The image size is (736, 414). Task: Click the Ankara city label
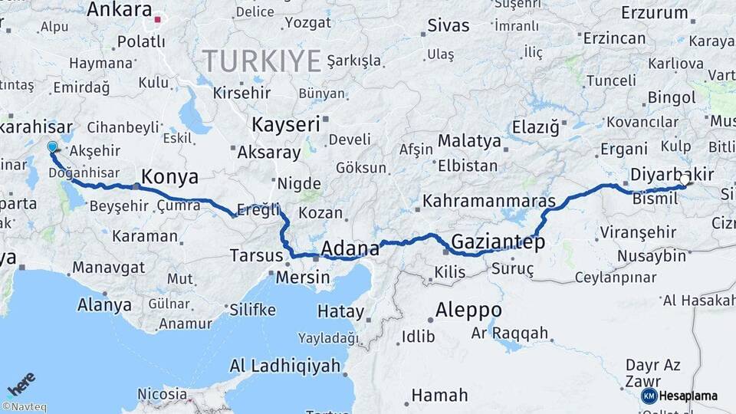tap(119, 10)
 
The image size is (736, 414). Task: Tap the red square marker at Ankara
tap(158, 21)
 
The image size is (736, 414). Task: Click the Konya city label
tap(169, 177)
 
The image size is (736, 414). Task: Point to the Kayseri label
tap(285, 123)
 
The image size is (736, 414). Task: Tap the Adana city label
tap(350, 248)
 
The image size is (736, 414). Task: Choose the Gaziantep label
tap(498, 242)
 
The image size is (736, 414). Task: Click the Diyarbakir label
tap(671, 175)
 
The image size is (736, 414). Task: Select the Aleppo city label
tap(468, 310)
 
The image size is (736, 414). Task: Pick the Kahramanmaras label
tap(488, 202)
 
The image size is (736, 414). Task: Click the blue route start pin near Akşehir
tap(52, 146)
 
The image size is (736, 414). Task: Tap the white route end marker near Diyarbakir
tap(685, 180)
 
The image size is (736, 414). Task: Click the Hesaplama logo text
tap(688, 396)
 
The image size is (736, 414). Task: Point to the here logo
tap(21, 383)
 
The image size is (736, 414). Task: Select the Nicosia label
tap(162, 394)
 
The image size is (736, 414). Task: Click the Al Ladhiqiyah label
tap(285, 366)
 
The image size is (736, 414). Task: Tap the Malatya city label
tap(469, 141)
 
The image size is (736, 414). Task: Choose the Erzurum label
tap(654, 12)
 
